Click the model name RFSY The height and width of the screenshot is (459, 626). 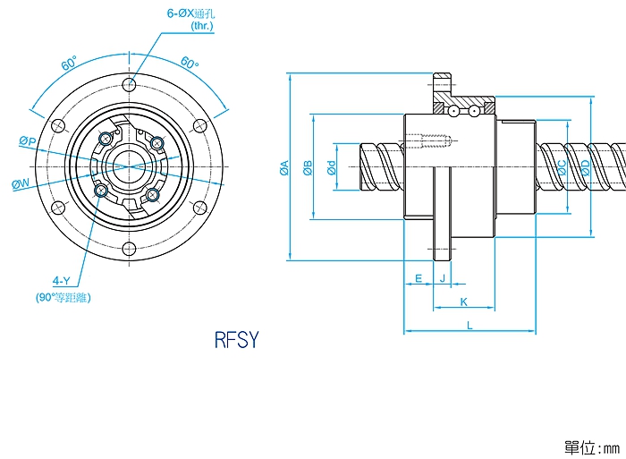tap(236, 341)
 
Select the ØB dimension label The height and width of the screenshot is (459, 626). tap(308, 167)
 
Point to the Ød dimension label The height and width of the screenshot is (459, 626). tap(331, 167)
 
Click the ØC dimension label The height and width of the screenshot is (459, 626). tap(562, 167)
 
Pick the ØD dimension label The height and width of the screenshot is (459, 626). tap(586, 167)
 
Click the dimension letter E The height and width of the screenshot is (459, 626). tap(419, 278)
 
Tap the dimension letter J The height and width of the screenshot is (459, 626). tap(442, 278)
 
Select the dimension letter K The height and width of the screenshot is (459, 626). tap(463, 302)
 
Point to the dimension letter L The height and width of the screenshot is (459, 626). tap(469, 326)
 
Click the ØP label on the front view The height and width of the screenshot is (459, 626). tap(27, 141)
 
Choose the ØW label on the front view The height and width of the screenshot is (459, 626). tap(21, 183)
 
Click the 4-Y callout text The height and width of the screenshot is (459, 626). tap(62, 281)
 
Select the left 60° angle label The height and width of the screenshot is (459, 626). tap(69, 64)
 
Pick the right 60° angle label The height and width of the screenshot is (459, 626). tap(189, 64)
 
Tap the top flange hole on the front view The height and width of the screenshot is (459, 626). tap(130, 86)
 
